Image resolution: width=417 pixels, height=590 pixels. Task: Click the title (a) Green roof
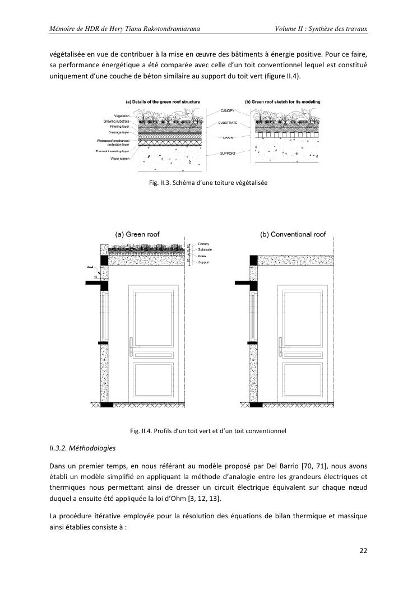(x=137, y=234)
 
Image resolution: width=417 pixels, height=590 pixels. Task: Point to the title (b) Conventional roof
(x=292, y=234)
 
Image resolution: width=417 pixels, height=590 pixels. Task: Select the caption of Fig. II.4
(x=208, y=431)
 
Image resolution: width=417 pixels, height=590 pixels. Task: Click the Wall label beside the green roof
(x=90, y=267)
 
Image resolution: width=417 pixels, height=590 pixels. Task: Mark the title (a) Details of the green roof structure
(x=163, y=101)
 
